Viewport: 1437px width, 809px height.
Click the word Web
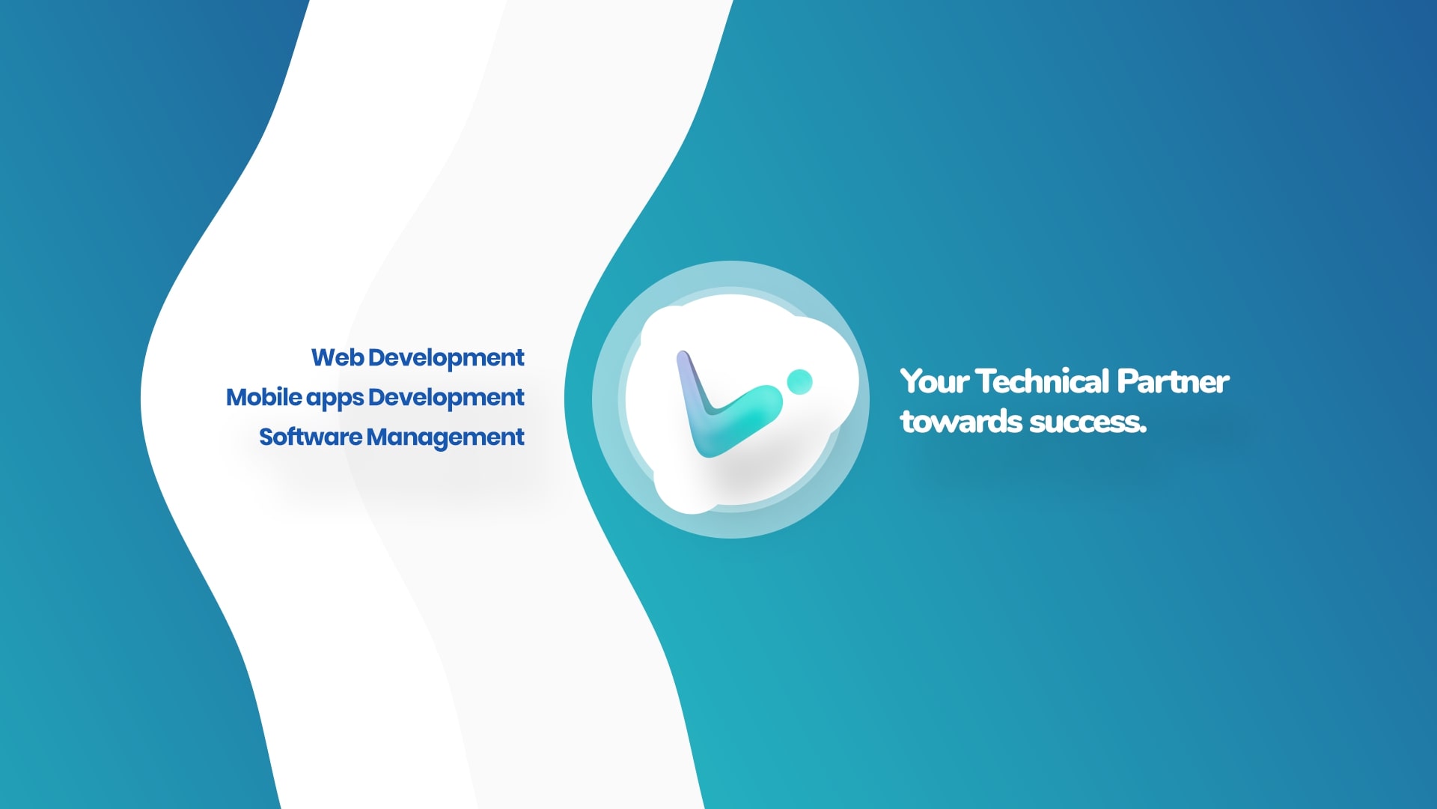coord(338,357)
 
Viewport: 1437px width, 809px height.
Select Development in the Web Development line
coord(446,358)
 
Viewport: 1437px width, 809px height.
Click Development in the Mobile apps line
coord(446,398)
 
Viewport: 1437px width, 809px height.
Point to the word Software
coord(311,437)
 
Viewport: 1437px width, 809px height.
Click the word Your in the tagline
coord(935,381)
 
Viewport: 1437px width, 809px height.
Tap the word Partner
coord(1173,381)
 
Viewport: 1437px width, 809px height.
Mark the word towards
coord(962,422)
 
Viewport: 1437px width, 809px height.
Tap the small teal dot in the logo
coord(799,381)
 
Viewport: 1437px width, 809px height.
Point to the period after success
coord(1143,431)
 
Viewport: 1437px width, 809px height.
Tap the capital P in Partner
coord(1126,381)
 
